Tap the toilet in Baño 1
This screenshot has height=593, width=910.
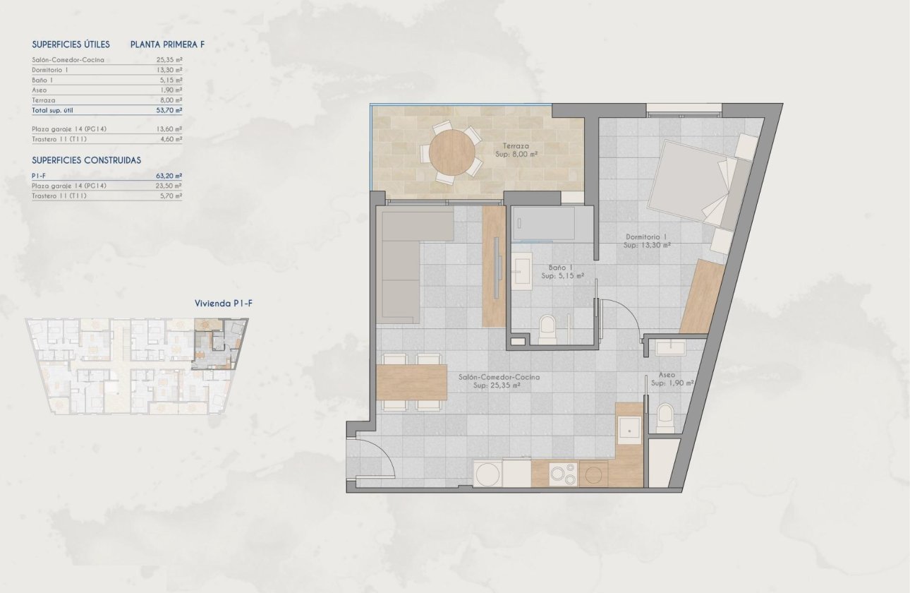tap(548, 330)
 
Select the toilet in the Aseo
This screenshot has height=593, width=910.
tap(665, 418)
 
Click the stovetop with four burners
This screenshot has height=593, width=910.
tap(563, 474)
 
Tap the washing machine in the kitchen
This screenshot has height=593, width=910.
tap(487, 474)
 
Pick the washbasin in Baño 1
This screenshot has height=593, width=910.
tap(523, 270)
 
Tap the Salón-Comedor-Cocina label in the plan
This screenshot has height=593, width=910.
tap(499, 381)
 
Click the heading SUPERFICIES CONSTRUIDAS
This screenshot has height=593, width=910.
tap(86, 160)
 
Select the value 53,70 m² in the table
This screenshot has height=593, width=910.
tap(169, 110)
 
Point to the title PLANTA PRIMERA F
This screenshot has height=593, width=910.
tap(167, 44)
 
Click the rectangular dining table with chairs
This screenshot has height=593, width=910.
tap(412, 382)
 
